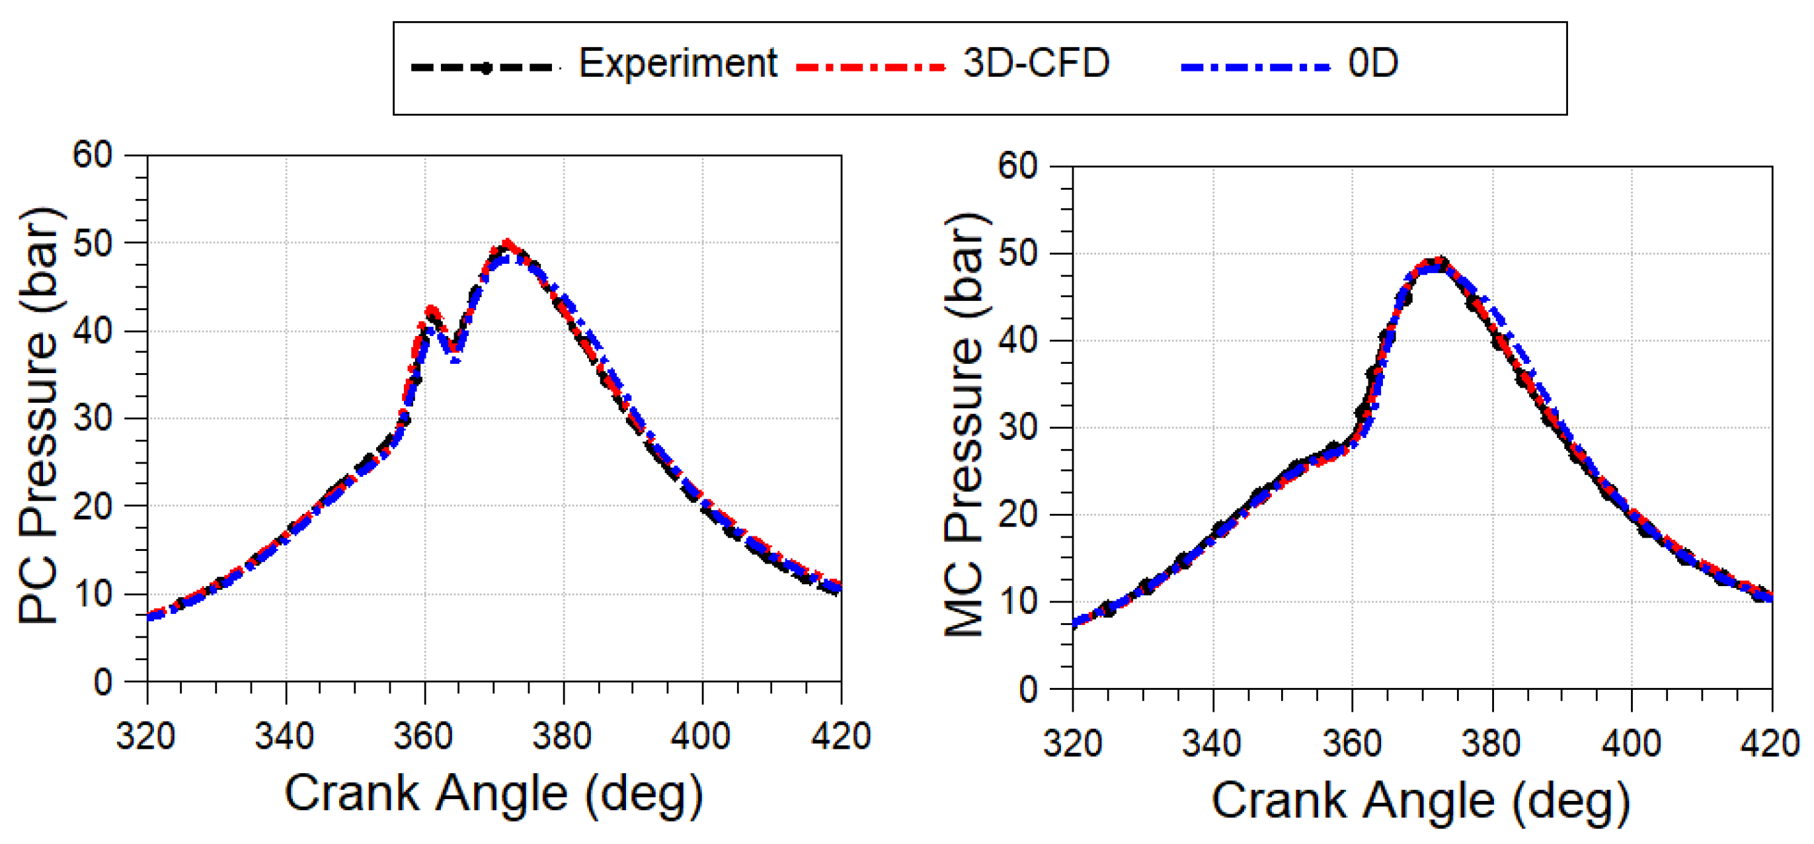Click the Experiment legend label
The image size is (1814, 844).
click(x=678, y=64)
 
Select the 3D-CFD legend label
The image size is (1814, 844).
click(x=1035, y=64)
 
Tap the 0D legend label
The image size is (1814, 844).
click(x=1372, y=64)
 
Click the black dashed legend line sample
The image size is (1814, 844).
click(x=485, y=67)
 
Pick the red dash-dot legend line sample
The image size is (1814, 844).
click(x=871, y=67)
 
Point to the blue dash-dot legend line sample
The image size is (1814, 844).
click(x=1255, y=67)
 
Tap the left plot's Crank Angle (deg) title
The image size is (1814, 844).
click(x=494, y=794)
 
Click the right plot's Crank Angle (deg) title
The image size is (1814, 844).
click(x=1421, y=802)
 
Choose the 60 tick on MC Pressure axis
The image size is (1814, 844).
click(x=1017, y=167)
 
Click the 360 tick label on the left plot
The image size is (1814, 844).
click(x=423, y=738)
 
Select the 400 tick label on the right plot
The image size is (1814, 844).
click(x=1631, y=744)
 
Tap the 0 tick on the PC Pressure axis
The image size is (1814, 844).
click(x=103, y=682)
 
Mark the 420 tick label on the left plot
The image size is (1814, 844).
click(x=841, y=738)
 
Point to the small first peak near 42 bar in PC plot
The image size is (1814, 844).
click(x=432, y=310)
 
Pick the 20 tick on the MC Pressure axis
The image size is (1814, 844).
click(x=1017, y=515)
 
